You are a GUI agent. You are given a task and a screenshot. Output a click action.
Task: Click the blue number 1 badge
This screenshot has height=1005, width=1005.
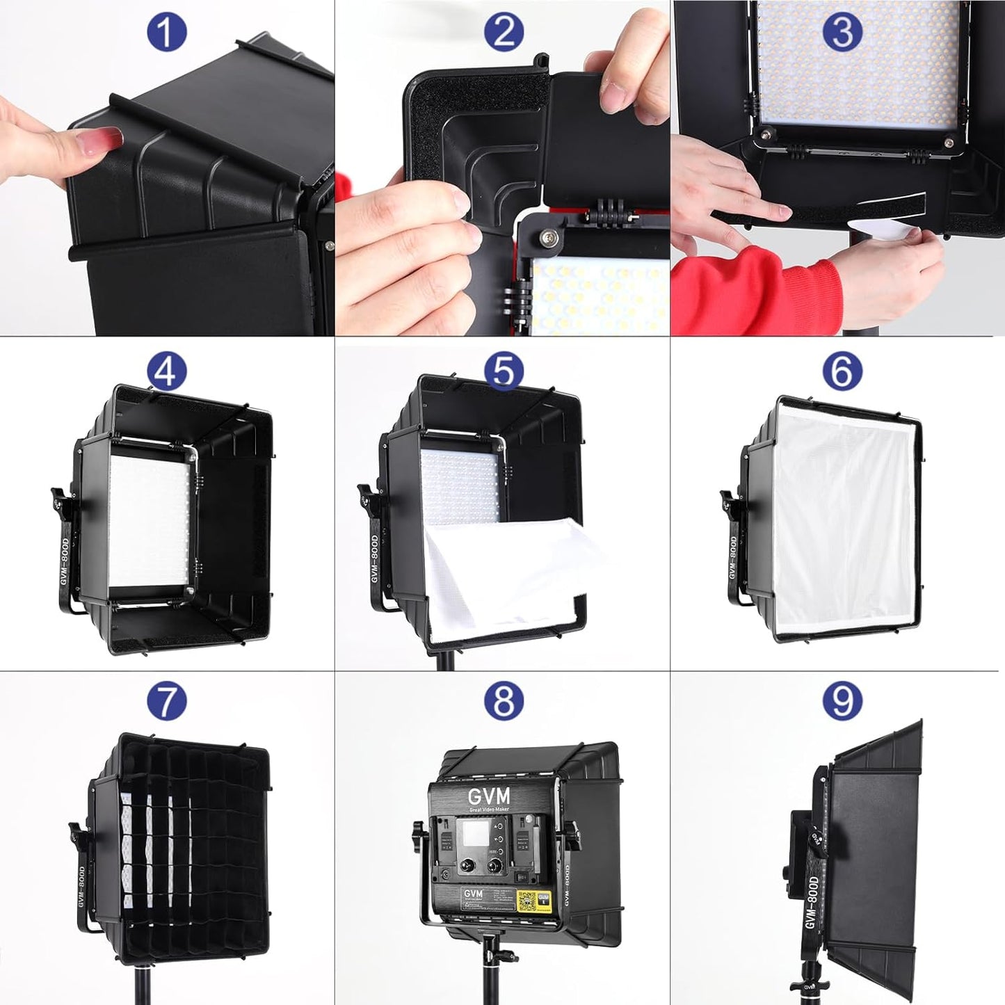166,33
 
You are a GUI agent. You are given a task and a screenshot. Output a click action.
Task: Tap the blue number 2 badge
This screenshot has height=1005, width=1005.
504,33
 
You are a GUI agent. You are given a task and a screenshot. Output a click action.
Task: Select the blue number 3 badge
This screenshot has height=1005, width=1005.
842,33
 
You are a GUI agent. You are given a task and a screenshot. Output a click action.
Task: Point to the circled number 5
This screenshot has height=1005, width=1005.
504,371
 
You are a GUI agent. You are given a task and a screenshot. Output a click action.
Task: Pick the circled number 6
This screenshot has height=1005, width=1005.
842,371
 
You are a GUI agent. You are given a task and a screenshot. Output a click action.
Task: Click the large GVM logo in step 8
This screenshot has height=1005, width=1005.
488,796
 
